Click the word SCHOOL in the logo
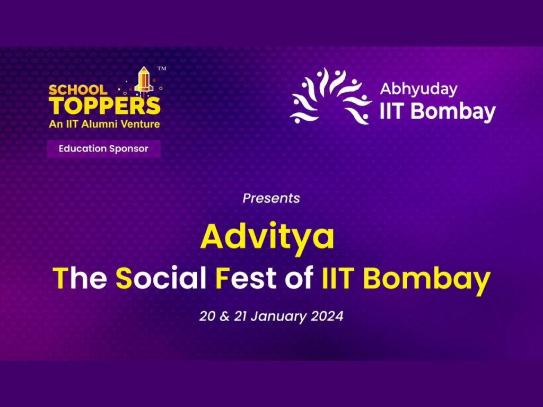(x=78, y=90)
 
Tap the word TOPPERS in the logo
(x=104, y=106)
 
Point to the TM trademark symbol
(x=162, y=68)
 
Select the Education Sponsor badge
(x=104, y=149)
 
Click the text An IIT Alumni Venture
(x=104, y=124)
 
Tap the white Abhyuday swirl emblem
(x=330, y=96)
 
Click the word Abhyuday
(x=419, y=89)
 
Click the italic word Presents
(x=271, y=198)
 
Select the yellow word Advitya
(x=267, y=236)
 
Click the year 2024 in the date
(x=327, y=316)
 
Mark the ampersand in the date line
(x=224, y=316)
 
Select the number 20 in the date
(x=207, y=316)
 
